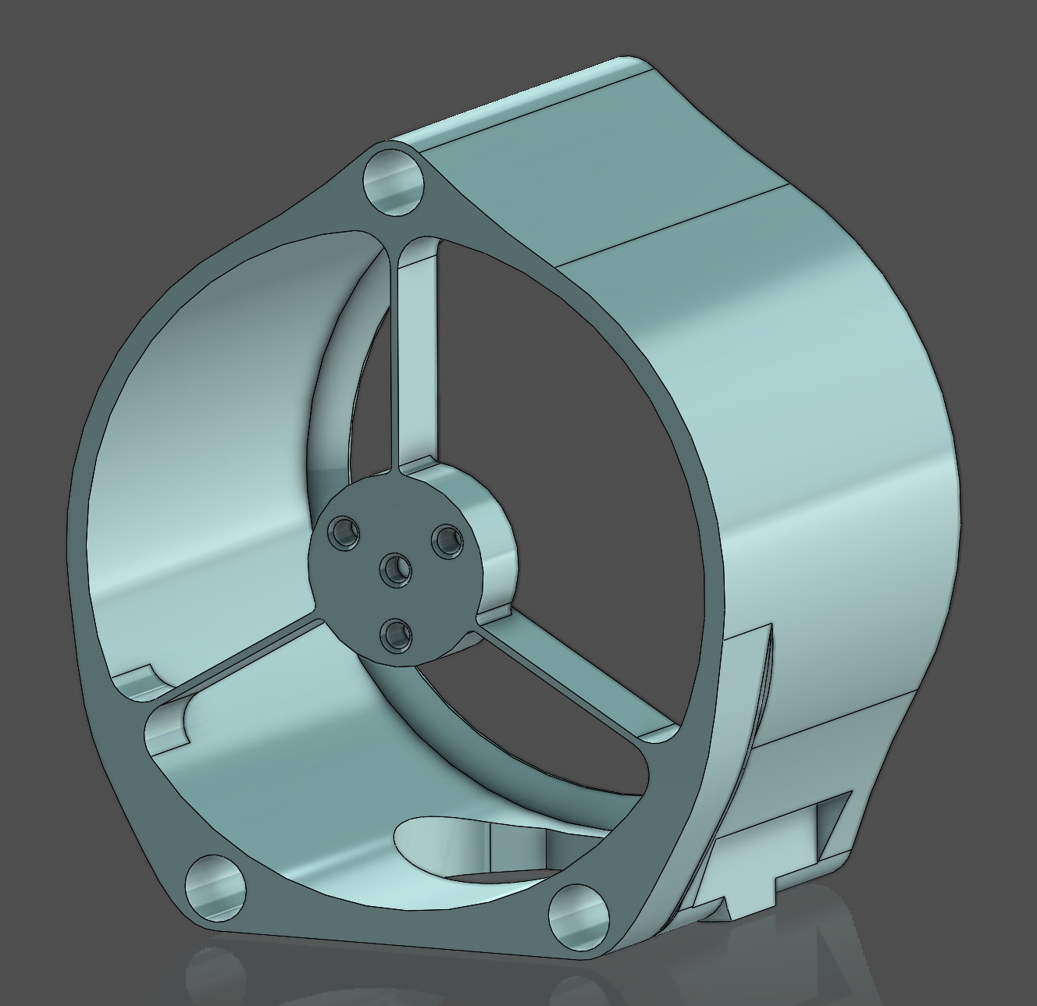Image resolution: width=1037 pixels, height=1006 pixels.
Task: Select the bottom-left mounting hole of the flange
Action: [x=215, y=886]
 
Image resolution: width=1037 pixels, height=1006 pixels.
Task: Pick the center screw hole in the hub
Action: [x=397, y=571]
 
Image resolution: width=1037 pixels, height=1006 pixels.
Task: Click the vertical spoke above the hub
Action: [x=417, y=359]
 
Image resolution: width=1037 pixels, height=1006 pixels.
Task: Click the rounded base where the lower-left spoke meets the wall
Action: [x=168, y=722]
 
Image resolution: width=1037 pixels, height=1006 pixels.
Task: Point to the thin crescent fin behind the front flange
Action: [x=750, y=702]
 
